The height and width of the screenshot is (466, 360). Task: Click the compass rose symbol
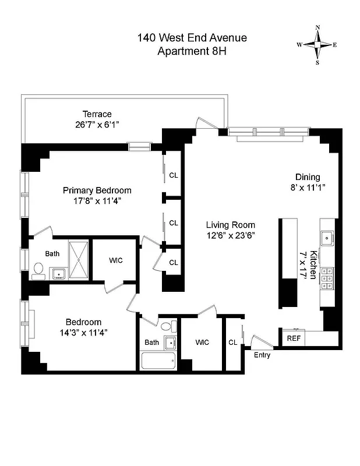click(x=317, y=45)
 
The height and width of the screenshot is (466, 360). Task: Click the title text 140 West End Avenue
click(x=192, y=38)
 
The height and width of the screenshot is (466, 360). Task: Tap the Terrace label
click(x=97, y=114)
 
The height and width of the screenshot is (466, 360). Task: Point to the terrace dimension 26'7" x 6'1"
click(x=97, y=124)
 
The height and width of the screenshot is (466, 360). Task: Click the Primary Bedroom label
click(x=97, y=190)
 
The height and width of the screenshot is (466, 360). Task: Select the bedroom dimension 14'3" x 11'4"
click(x=83, y=333)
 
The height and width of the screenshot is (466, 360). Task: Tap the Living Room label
click(x=231, y=225)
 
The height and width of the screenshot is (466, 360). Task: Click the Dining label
click(x=308, y=177)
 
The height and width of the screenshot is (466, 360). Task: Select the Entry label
click(x=262, y=355)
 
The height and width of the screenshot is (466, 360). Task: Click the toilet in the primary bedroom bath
click(x=39, y=269)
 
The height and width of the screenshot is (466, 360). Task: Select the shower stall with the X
click(x=78, y=260)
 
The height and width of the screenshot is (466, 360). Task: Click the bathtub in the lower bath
click(x=158, y=360)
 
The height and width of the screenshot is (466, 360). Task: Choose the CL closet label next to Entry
click(x=232, y=343)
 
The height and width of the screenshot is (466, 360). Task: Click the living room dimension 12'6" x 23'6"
click(x=231, y=235)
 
